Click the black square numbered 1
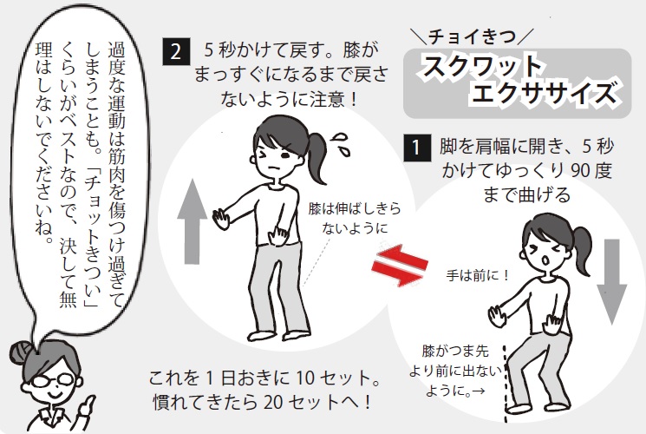pos(417,148)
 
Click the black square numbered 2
pos(176,51)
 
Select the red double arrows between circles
pos(399,266)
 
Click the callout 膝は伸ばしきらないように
pos(355,218)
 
